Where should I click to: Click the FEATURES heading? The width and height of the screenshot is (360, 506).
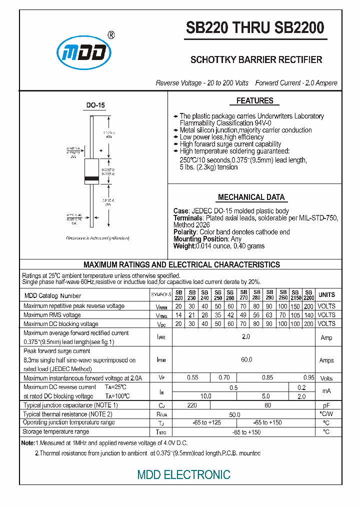pyautogui.click(x=254, y=101)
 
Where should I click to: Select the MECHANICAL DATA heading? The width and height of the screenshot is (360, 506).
pyautogui.click(x=251, y=197)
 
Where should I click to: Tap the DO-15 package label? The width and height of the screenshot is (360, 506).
pyautogui.click(x=95, y=105)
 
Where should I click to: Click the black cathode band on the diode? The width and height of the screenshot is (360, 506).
pyautogui.click(x=92, y=178)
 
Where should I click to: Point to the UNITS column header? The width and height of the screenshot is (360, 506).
pyautogui.click(x=326, y=294)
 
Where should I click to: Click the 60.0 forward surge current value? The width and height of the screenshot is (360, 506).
pyautogui.click(x=246, y=359)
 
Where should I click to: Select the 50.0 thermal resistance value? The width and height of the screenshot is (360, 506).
pyautogui.click(x=235, y=414)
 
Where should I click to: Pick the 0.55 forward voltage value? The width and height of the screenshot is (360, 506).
pyautogui.click(x=192, y=378)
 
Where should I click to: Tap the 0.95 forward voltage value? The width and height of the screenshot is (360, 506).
pyautogui.click(x=309, y=378)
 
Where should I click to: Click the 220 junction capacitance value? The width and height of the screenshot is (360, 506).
pyautogui.click(x=192, y=405)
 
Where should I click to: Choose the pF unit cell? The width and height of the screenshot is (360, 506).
pyautogui.click(x=326, y=405)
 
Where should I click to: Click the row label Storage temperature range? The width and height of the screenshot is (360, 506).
pyautogui.click(x=56, y=431)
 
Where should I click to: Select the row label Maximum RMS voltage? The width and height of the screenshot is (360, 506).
pyautogui.click(x=52, y=315)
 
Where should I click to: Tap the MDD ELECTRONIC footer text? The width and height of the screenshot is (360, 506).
pyautogui.click(x=184, y=474)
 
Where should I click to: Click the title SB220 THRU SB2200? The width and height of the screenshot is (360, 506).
pyautogui.click(x=255, y=27)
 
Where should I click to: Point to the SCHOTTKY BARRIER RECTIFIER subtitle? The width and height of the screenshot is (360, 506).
pyautogui.click(x=256, y=59)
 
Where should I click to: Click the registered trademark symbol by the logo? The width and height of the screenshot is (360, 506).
pyautogui.click(x=111, y=35)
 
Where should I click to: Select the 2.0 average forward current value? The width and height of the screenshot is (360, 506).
pyautogui.click(x=246, y=337)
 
